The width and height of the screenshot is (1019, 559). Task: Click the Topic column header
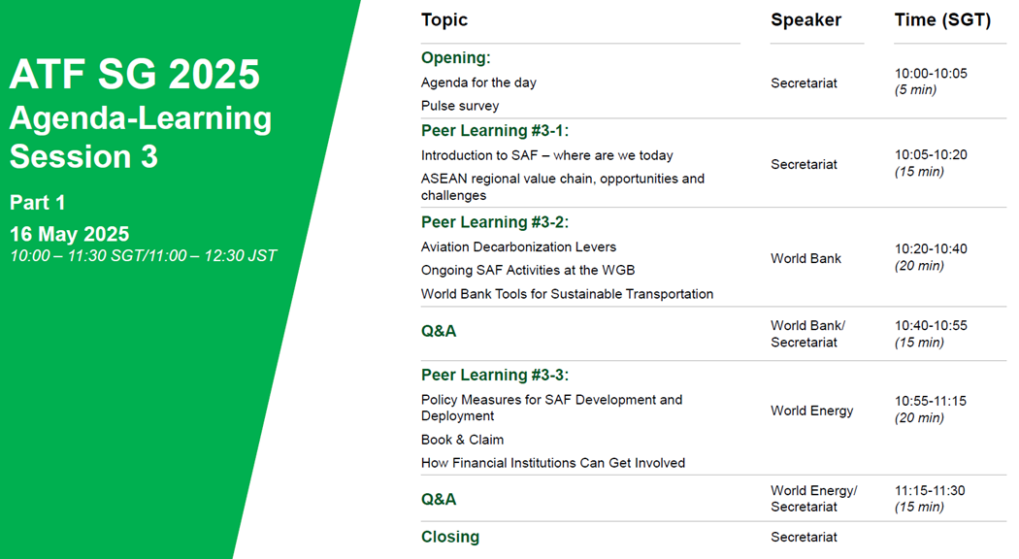444,20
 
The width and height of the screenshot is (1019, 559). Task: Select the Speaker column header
805,20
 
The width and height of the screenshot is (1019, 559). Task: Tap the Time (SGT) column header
942,20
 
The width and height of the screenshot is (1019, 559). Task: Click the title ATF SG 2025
135,74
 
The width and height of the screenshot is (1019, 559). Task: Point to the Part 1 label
37,203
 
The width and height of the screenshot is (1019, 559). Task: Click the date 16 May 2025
70,234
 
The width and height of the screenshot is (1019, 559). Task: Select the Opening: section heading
455,58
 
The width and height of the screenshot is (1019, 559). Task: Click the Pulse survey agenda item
460,106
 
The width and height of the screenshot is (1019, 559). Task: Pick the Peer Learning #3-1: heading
495,131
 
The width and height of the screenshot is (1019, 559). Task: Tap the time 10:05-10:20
931,154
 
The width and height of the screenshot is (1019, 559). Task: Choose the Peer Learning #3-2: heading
495,222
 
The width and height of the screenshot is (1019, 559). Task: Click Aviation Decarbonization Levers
518,247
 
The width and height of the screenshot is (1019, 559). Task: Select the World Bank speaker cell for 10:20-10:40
805,259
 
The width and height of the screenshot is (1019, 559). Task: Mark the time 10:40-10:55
931,326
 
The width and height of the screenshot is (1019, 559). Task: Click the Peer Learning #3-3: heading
495,375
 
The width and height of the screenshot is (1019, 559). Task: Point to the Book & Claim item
462,440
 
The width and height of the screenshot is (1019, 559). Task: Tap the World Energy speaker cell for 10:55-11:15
811,411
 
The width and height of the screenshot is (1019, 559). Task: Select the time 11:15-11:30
930,491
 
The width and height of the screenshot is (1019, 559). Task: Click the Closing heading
450,537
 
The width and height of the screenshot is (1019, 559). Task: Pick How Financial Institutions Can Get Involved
553,463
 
